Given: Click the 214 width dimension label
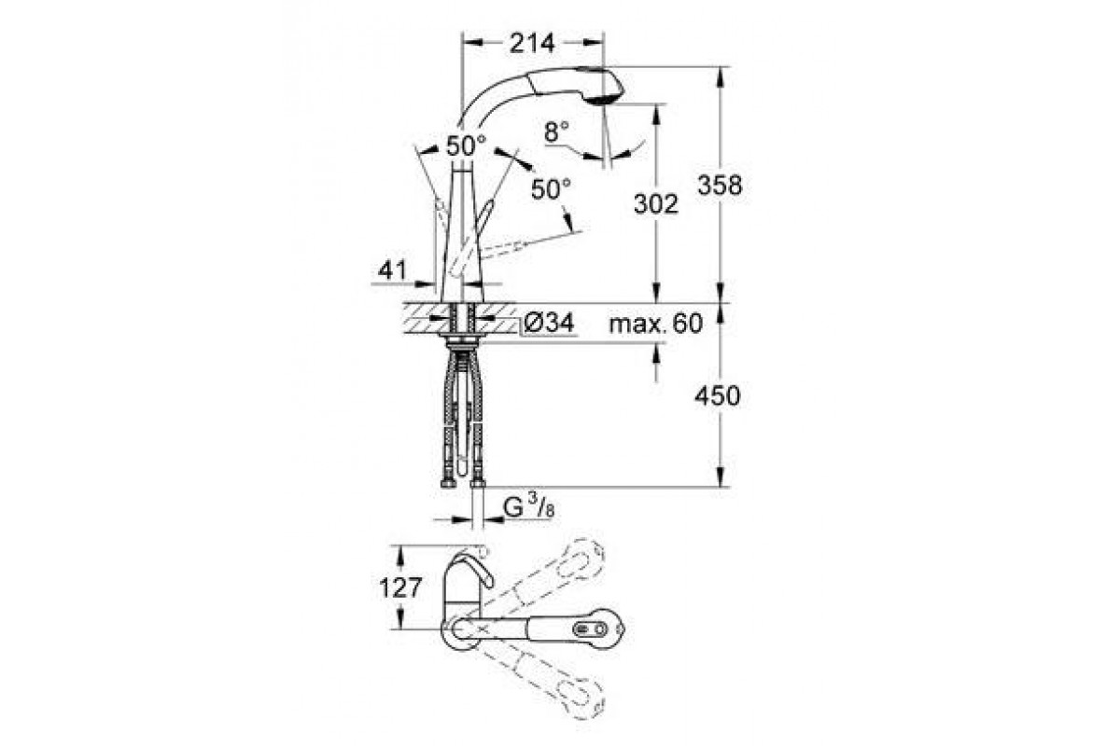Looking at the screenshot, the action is click(x=532, y=44).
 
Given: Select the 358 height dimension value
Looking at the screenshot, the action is click(x=720, y=186).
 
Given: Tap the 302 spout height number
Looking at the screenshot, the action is click(x=656, y=204).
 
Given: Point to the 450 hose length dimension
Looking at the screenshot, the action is click(x=718, y=396).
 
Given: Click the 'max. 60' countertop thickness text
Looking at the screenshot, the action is click(x=656, y=324).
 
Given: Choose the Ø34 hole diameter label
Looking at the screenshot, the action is click(x=550, y=324).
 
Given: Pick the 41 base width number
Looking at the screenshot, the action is click(x=393, y=270).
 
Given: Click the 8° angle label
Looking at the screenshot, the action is click(x=556, y=131).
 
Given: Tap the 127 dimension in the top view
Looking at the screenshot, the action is click(x=401, y=587).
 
